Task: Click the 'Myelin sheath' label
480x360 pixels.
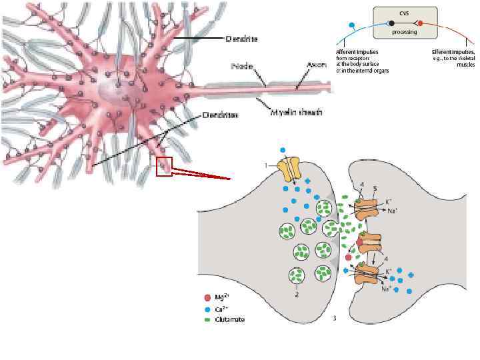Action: tap(296, 113)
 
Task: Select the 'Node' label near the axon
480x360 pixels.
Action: tap(242, 65)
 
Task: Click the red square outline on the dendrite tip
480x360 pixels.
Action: tap(164, 166)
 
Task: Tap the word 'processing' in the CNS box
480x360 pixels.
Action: tap(404, 31)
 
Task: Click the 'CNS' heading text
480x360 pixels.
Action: tap(405, 13)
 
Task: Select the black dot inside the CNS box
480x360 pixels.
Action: tap(391, 23)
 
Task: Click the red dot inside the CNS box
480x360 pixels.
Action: tap(420, 23)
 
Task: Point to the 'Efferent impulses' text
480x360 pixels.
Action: tap(453, 51)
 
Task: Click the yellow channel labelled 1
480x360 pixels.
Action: tap(289, 170)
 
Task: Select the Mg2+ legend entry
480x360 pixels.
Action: tap(220, 298)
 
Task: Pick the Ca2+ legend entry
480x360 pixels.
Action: tap(219, 309)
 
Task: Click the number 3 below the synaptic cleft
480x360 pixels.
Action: tap(334, 318)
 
